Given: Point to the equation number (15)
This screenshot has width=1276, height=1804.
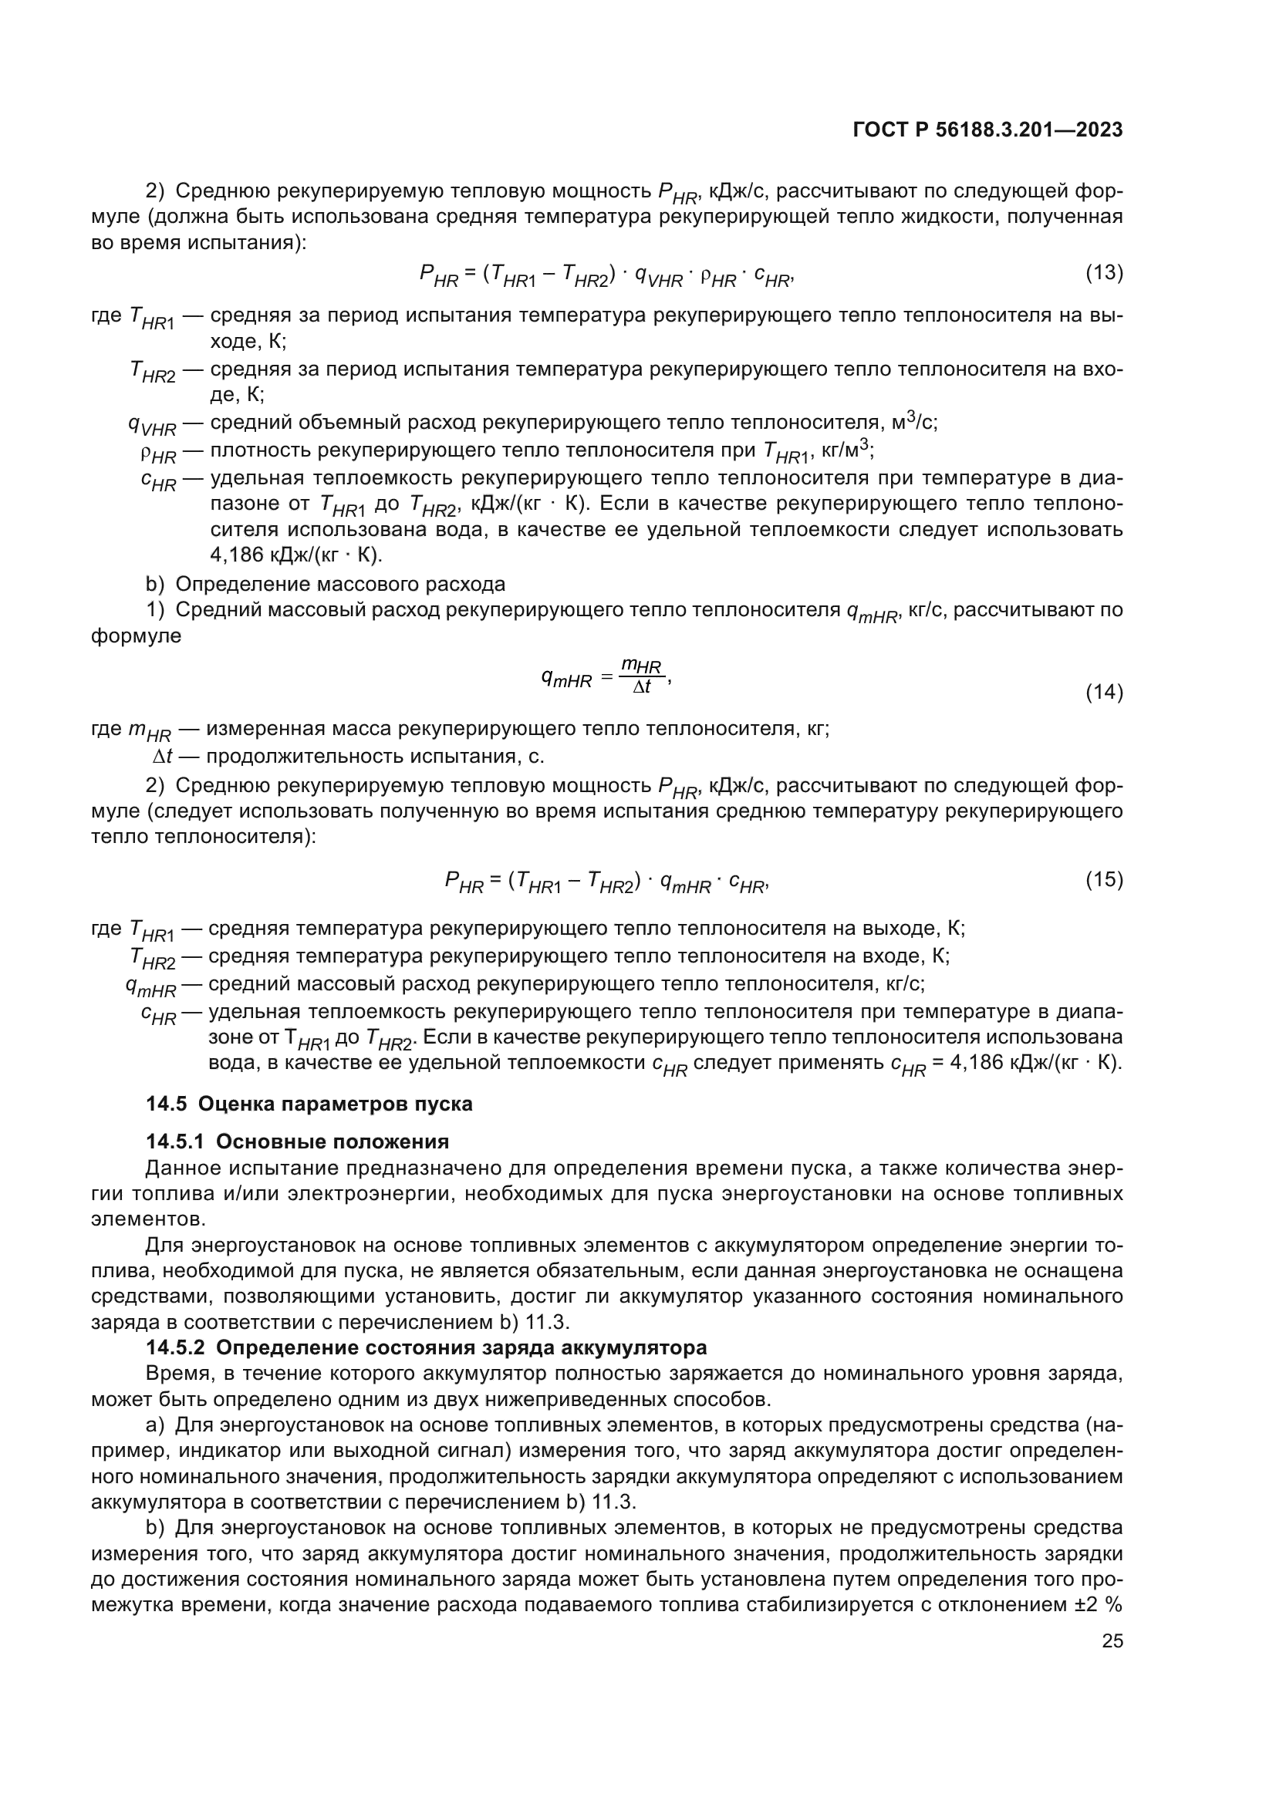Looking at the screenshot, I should tap(1104, 880).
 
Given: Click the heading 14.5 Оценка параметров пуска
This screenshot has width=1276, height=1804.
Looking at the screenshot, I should tap(309, 1104).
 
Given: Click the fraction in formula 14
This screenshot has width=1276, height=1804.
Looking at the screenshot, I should tap(641, 676).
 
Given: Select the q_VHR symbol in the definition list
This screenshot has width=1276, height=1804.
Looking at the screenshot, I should tap(153, 425).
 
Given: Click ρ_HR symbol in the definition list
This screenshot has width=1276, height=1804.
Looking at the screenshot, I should tap(158, 454).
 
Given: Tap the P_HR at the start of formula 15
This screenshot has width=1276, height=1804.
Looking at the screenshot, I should tap(464, 882).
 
